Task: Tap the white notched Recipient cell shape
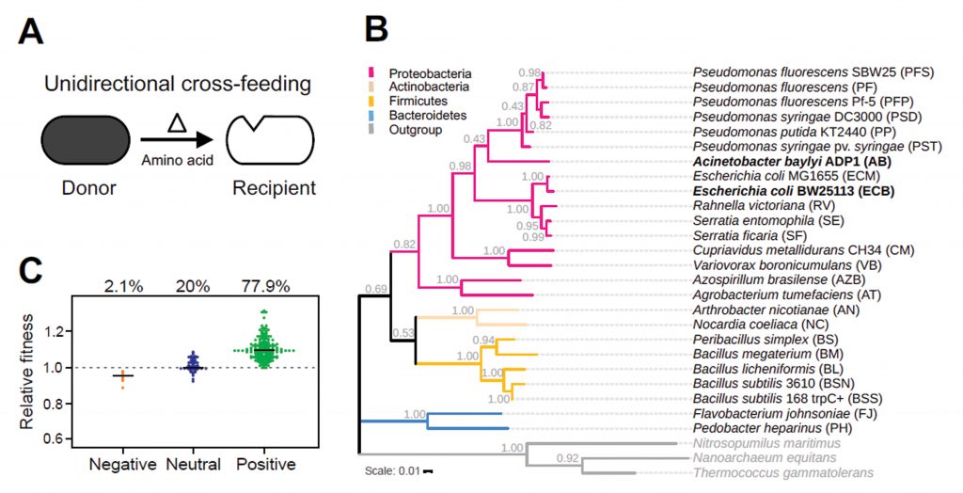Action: click(273, 141)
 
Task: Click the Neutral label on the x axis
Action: click(195, 464)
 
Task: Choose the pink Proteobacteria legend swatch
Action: click(374, 72)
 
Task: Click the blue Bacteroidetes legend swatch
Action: click(374, 115)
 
